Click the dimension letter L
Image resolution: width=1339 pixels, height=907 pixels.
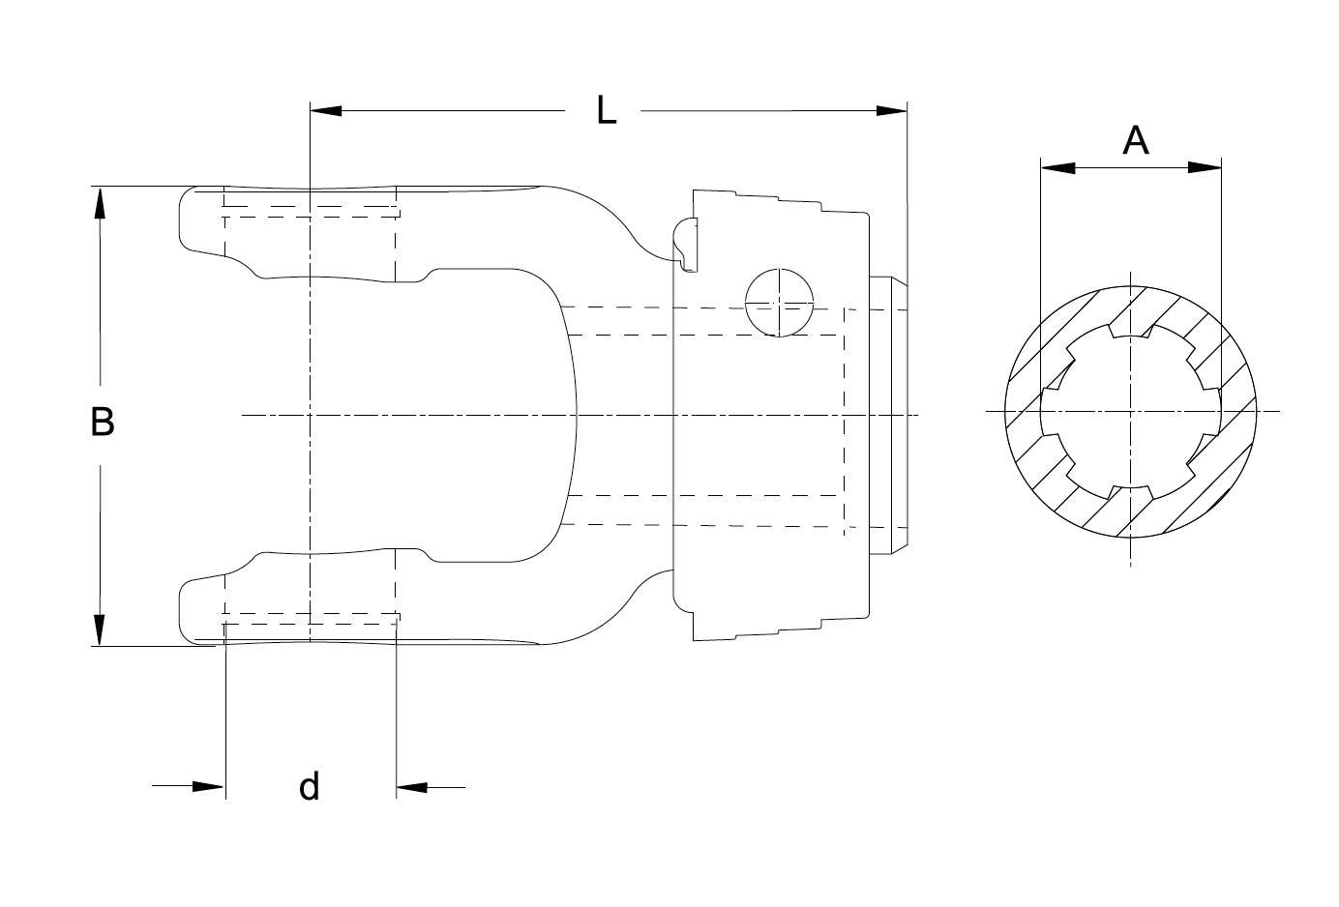tap(607, 111)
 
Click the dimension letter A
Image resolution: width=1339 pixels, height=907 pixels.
tap(1136, 140)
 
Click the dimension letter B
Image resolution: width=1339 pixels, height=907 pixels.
tap(103, 422)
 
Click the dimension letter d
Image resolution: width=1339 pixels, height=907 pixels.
tap(309, 786)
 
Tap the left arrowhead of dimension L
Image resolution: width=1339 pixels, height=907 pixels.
tap(326, 110)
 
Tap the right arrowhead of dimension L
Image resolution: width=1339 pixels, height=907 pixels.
tap(891, 110)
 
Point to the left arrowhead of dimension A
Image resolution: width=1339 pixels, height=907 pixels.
tap(1057, 168)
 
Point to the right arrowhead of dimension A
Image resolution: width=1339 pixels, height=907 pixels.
tap(1205, 167)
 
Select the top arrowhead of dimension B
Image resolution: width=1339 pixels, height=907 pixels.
tap(100, 203)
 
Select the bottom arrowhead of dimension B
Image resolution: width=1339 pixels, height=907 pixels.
tap(100, 629)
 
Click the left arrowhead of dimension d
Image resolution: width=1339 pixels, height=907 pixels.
tap(208, 786)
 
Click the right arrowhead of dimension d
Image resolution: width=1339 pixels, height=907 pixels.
tap(412, 787)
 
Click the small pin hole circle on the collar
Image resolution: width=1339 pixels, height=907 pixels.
tap(780, 303)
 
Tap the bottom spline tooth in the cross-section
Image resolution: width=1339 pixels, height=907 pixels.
tap(1130, 492)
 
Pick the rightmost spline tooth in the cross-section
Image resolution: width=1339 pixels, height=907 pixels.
tap(1212, 411)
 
